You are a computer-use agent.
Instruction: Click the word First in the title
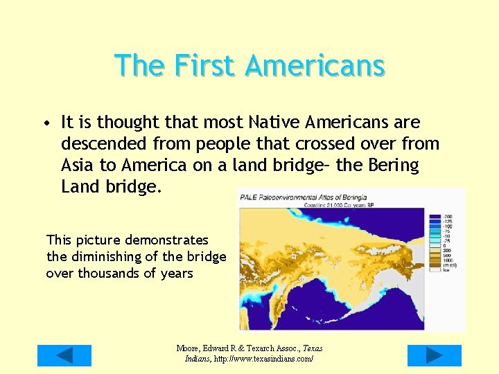pyautogui.click(x=207, y=66)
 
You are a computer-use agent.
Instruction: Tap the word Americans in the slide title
pyautogui.click(x=315, y=66)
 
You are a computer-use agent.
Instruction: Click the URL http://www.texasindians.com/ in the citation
pyautogui.click(x=263, y=359)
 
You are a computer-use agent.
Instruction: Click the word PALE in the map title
pyautogui.click(x=248, y=197)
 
